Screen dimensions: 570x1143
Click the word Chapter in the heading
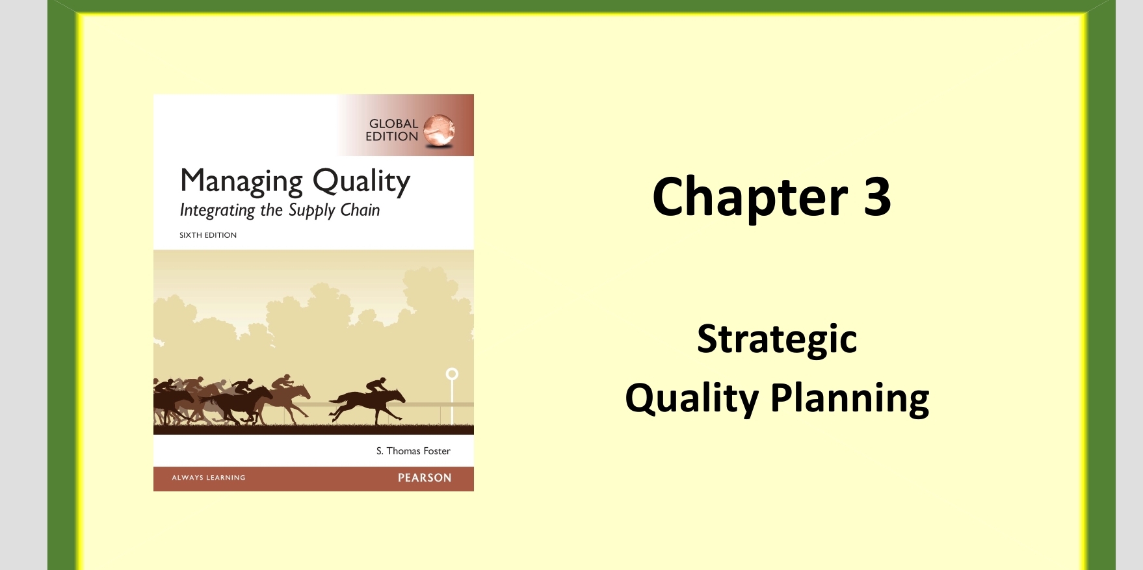(x=750, y=197)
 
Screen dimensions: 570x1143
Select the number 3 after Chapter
(x=877, y=197)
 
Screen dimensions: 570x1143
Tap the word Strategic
(x=777, y=339)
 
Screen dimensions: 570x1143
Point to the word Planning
(x=850, y=398)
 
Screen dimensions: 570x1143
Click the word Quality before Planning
(x=691, y=398)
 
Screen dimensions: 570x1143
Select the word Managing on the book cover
(x=241, y=181)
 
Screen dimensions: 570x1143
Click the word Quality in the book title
(x=361, y=181)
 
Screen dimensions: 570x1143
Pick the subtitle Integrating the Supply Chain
(x=280, y=210)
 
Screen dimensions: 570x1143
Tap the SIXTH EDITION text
(x=208, y=235)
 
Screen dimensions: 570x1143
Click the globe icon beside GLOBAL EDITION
(x=439, y=130)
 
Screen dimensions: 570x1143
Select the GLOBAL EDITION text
(x=392, y=130)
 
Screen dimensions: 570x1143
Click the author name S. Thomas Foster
(x=413, y=451)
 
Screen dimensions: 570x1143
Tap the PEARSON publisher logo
(x=425, y=478)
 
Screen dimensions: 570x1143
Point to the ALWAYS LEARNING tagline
(x=209, y=478)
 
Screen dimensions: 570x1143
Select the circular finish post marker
(x=452, y=374)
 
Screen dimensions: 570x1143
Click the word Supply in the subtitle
(x=311, y=211)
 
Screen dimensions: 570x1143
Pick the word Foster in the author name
(x=437, y=451)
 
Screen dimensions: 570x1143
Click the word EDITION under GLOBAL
(x=391, y=136)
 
